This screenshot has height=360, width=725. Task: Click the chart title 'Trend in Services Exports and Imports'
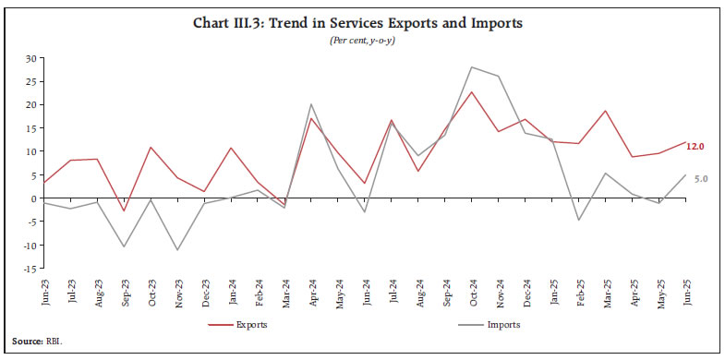point(362,22)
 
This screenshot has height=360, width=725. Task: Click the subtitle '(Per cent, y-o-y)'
point(362,42)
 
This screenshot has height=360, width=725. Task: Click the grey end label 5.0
point(700,177)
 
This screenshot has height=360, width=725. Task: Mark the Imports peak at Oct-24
point(472,66)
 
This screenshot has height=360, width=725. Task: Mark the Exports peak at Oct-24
point(472,91)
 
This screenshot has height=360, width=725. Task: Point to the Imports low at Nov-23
point(176,250)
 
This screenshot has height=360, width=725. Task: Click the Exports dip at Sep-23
point(123,211)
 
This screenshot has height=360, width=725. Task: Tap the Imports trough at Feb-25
point(578,220)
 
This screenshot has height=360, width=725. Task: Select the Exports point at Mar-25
point(605,111)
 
